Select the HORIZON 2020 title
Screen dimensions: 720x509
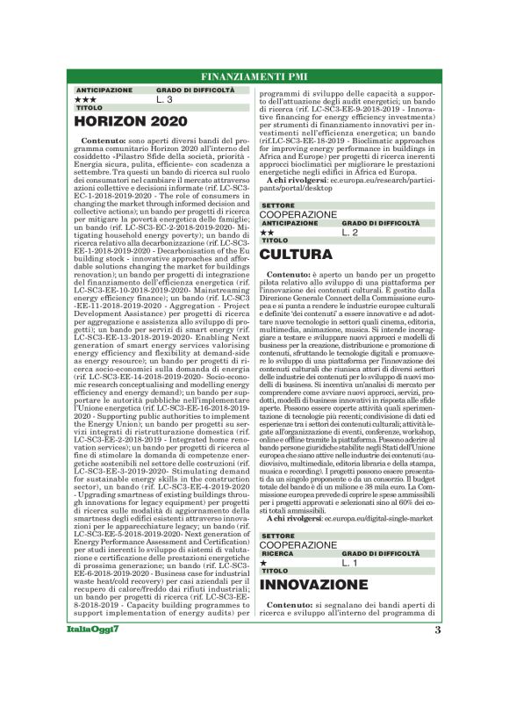[126, 121]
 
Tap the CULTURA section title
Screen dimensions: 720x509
[296, 255]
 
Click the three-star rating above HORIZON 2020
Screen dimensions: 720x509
[86, 99]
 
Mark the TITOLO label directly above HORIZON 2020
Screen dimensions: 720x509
[90, 108]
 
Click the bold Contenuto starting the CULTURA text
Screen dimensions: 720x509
[289, 275]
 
